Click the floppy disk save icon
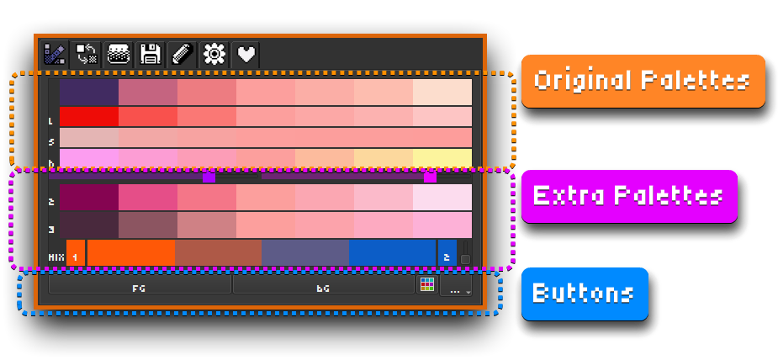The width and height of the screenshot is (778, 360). (x=151, y=55)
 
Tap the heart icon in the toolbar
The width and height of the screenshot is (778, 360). (x=246, y=55)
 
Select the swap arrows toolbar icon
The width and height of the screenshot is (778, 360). (x=87, y=55)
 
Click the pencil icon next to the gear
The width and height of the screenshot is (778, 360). (x=182, y=55)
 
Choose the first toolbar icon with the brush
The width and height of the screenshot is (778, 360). (x=55, y=55)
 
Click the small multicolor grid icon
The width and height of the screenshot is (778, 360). (x=427, y=285)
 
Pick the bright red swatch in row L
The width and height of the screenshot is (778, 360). (x=88, y=116)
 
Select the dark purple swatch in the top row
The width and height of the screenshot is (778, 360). (x=88, y=91)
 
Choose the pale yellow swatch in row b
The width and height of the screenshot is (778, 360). (x=442, y=158)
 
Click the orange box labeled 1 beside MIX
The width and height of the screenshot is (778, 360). (x=75, y=255)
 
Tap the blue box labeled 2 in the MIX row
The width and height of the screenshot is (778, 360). (x=447, y=255)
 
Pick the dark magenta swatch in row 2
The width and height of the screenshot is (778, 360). (x=88, y=198)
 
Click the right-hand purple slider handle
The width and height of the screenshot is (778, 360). (x=430, y=177)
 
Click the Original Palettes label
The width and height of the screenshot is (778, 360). (x=643, y=81)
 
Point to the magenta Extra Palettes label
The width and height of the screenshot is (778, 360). (x=628, y=196)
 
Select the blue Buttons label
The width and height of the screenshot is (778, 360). (x=585, y=294)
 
